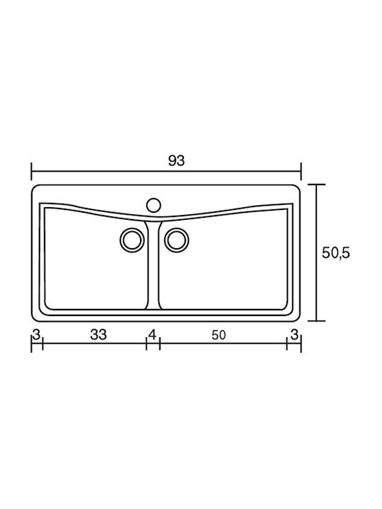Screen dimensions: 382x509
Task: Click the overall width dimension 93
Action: (x=176, y=160)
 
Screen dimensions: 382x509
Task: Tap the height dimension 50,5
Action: (x=336, y=253)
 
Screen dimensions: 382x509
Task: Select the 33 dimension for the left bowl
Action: (x=98, y=334)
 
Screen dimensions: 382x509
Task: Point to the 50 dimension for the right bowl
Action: (x=219, y=335)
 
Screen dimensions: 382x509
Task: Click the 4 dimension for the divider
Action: (x=152, y=334)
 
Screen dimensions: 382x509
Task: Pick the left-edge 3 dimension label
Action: (x=36, y=334)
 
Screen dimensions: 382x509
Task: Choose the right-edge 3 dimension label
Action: (x=294, y=334)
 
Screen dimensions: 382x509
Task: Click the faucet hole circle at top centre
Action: (x=154, y=205)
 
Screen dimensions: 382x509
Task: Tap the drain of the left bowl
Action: (x=132, y=240)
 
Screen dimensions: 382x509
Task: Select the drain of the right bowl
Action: (x=176, y=240)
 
